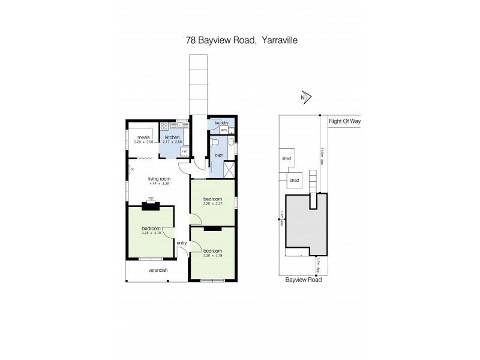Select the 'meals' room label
point(143,137)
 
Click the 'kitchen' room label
point(172,137)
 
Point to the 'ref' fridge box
point(185,151)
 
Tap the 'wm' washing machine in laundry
point(223,130)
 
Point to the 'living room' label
point(160,179)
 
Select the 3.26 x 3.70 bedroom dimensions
point(151,233)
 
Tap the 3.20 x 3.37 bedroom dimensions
point(212,204)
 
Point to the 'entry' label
point(181,242)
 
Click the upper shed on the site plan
point(286,158)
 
